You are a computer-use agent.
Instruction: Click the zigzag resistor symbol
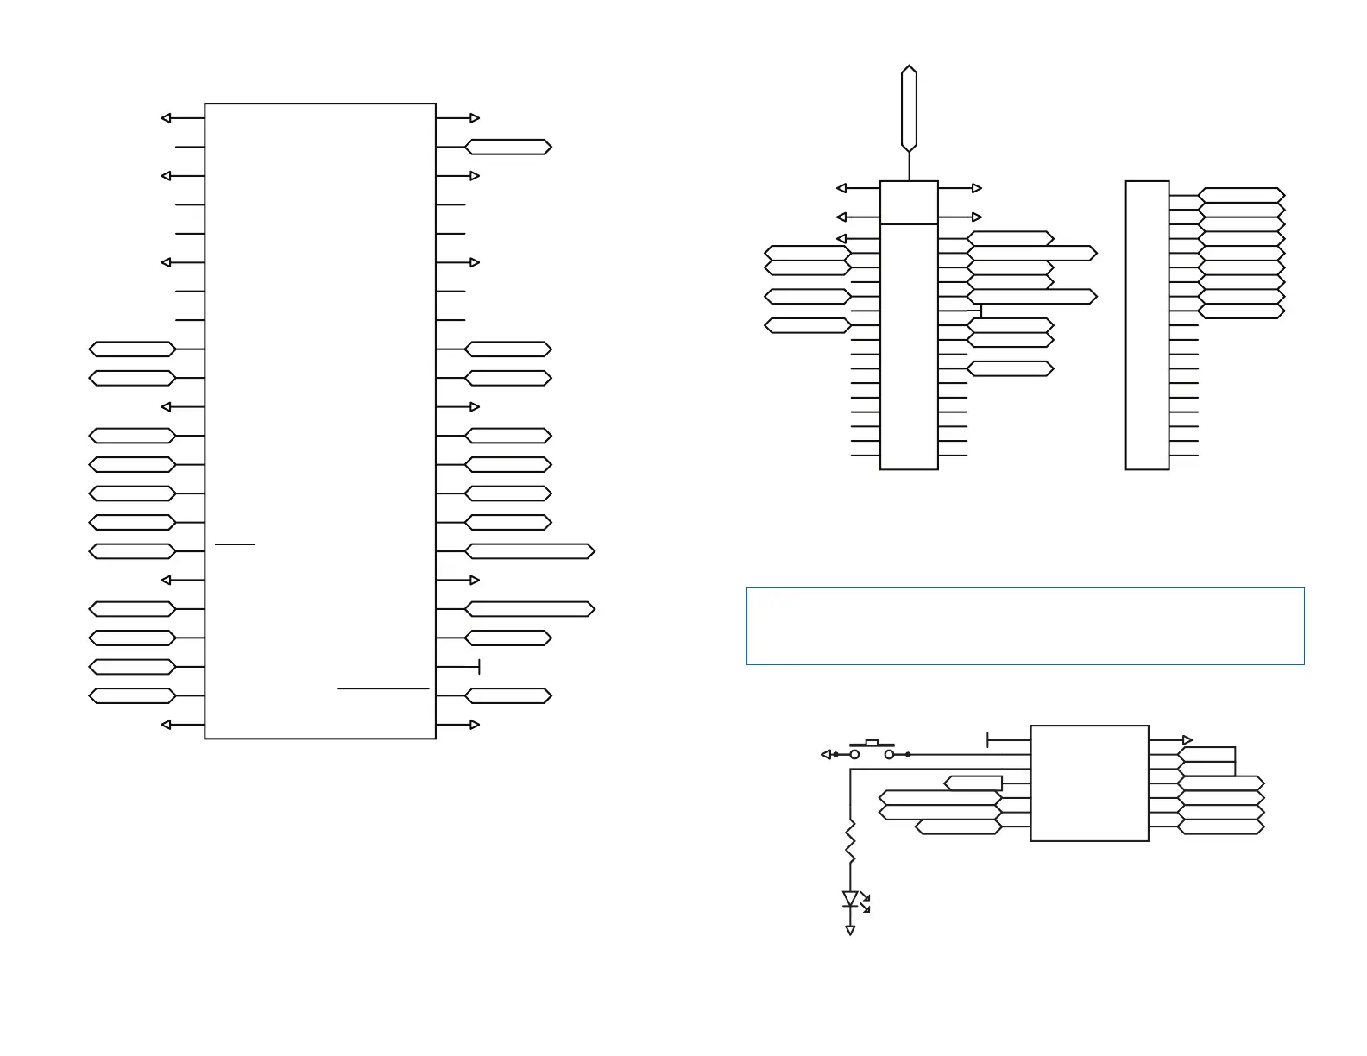(850, 841)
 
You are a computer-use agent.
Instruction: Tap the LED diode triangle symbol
(850, 899)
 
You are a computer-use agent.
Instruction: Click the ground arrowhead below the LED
(850, 931)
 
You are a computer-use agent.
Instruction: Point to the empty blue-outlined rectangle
(1024, 626)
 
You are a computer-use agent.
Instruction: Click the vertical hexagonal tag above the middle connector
(909, 108)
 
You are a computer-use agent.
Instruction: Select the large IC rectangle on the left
(320, 421)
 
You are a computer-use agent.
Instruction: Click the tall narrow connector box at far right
(1147, 325)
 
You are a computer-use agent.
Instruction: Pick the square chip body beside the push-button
(1089, 783)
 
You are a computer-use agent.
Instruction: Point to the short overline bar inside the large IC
(235, 544)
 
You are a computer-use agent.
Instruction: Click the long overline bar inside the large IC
(383, 688)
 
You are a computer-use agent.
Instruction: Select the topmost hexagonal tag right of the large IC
(507, 147)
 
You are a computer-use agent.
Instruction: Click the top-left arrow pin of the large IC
(167, 118)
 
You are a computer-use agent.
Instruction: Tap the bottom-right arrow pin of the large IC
(474, 725)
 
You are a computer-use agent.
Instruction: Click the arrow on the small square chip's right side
(1187, 740)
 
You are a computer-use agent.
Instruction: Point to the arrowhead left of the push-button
(826, 754)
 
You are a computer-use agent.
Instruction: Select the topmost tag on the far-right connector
(1241, 196)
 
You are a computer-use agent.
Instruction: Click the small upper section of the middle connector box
(909, 203)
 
